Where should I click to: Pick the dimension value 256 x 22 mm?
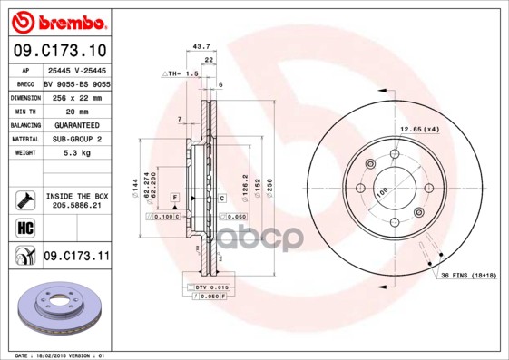point(76,95)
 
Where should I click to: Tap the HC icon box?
point(24,227)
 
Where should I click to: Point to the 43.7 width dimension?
point(202,45)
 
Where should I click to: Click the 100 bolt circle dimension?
point(382,191)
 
